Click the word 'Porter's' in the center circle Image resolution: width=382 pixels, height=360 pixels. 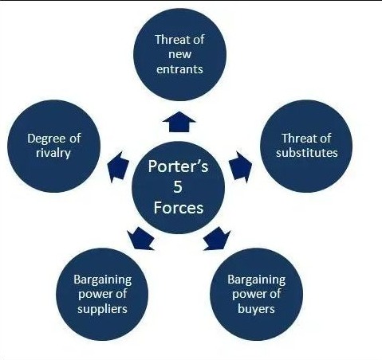coord(178,166)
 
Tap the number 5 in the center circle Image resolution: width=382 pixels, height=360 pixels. coord(178,187)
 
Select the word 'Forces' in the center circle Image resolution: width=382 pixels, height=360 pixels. coord(179,208)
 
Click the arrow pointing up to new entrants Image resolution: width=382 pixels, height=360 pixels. coord(179,122)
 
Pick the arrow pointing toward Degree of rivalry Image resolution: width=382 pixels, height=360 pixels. coord(118,167)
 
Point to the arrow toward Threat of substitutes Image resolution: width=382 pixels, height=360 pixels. coord(240,167)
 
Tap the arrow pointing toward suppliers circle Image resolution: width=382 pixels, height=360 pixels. coord(140,239)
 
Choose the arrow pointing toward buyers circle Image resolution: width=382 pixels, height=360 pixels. coord(217,239)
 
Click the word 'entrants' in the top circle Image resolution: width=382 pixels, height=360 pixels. coord(179,69)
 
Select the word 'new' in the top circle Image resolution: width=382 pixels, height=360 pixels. coord(179,55)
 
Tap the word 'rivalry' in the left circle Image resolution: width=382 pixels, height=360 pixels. coord(53,153)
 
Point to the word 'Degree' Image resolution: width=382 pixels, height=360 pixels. coord(45,139)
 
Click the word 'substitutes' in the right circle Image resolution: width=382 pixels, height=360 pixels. coord(306,153)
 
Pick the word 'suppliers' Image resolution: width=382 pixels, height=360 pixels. coord(102,310)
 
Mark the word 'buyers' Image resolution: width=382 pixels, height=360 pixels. coord(256,310)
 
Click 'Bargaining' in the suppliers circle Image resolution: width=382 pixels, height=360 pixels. coord(103,280)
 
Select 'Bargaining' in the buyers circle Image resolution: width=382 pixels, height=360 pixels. coord(256,280)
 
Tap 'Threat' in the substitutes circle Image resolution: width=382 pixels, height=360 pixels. coord(297,139)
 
